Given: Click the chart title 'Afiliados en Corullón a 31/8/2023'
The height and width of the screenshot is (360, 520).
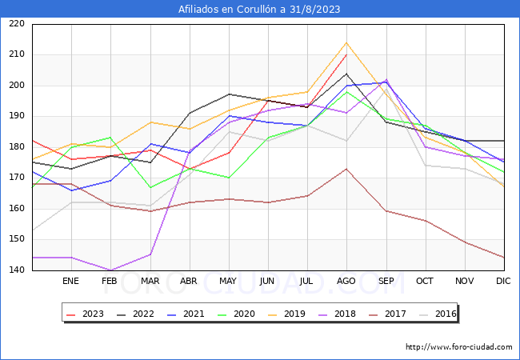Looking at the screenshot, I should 260,10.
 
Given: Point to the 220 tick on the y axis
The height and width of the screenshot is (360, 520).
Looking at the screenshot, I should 16,24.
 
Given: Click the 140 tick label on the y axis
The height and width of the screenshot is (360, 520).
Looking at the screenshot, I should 16,270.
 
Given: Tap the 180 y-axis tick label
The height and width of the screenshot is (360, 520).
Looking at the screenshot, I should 16,147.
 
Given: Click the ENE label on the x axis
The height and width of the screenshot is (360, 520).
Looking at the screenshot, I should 70,282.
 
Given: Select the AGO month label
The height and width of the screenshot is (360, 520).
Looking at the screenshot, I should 346,282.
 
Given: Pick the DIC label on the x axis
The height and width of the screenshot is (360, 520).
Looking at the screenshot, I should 503,282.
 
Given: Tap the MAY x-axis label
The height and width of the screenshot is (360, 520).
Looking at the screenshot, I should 228,282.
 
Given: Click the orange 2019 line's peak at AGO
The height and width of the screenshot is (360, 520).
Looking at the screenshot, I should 346,42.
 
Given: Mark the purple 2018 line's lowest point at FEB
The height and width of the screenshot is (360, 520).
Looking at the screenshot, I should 110,270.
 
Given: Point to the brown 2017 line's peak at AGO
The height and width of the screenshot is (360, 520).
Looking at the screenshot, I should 346,169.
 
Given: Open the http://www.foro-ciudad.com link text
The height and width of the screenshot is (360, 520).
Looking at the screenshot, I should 458,347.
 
